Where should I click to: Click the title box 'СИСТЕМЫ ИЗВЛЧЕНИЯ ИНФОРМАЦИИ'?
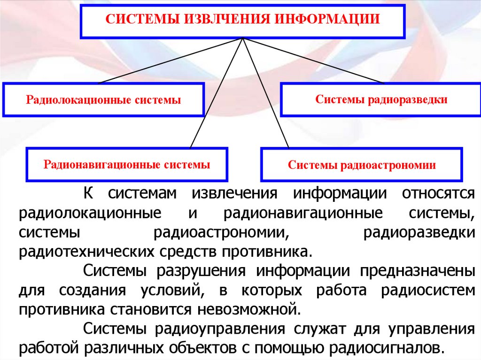(242, 21)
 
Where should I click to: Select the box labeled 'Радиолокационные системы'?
(103, 100)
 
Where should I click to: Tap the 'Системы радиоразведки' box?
(381, 100)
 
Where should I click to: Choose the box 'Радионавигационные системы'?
(127, 165)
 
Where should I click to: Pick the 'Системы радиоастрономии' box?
(362, 165)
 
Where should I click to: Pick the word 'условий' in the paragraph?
(171, 290)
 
